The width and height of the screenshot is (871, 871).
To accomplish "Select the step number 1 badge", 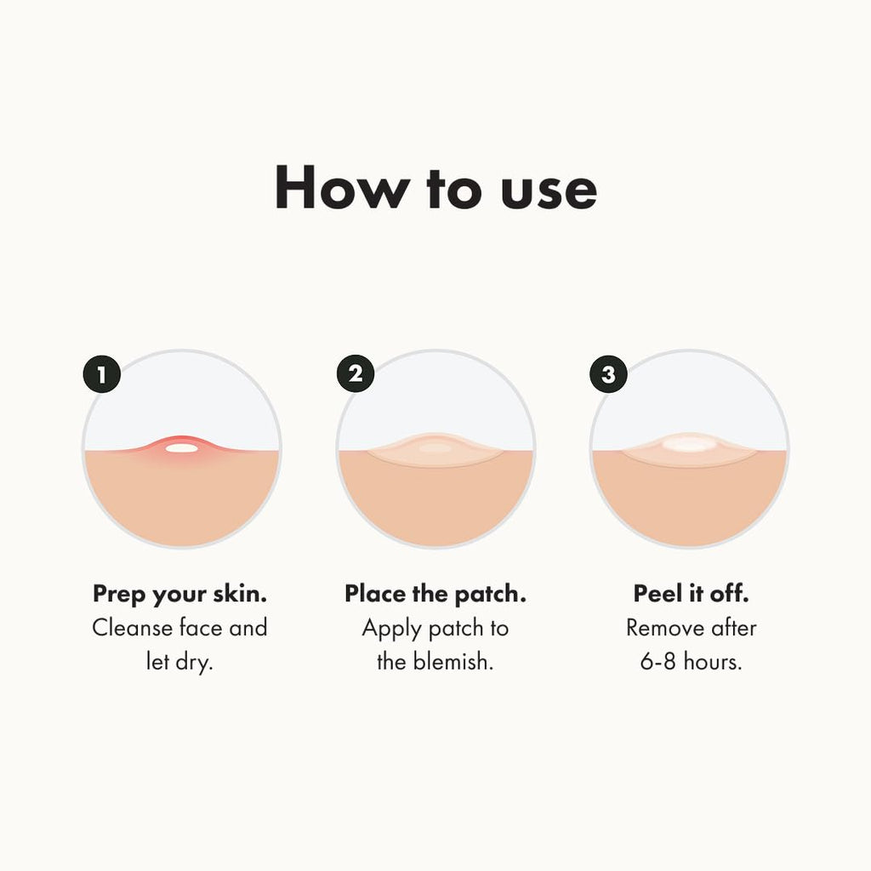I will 102,374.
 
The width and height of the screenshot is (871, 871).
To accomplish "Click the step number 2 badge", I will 356,374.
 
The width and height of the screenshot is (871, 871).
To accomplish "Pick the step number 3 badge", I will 608,374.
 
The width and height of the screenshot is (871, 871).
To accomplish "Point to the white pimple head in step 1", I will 180,447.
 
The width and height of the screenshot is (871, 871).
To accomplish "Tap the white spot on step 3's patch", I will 688,443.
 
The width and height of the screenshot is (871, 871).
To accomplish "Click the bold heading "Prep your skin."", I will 180,594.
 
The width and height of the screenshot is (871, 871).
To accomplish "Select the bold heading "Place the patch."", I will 435,594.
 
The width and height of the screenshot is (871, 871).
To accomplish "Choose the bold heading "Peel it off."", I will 691,594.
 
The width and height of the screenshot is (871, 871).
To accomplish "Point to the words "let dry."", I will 179,662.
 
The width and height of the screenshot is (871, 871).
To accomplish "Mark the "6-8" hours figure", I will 658,662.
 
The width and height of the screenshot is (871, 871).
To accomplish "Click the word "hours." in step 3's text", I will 714,662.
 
